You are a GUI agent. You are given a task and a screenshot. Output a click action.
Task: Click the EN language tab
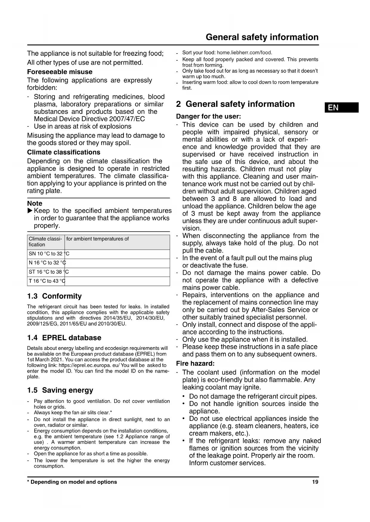point(341,107)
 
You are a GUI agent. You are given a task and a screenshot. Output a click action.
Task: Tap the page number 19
point(315,482)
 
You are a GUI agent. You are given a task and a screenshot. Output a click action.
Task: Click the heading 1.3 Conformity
point(54,296)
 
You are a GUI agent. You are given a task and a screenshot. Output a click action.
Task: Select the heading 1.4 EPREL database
point(64,338)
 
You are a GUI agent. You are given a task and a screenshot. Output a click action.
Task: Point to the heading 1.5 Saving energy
point(60,390)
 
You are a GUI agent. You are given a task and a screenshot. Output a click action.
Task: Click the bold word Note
point(35,204)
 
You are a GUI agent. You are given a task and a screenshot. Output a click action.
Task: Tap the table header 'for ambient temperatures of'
point(97,239)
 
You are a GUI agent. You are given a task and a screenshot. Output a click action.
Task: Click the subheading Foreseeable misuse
point(60,72)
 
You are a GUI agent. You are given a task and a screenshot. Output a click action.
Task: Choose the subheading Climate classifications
point(64,152)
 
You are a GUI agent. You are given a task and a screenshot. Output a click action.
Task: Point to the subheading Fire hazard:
point(195,363)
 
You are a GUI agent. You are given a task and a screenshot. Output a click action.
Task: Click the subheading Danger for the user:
point(208,116)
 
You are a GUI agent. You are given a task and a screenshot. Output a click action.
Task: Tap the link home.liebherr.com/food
point(244,53)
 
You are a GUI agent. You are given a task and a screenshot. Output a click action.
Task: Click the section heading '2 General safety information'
point(235,104)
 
